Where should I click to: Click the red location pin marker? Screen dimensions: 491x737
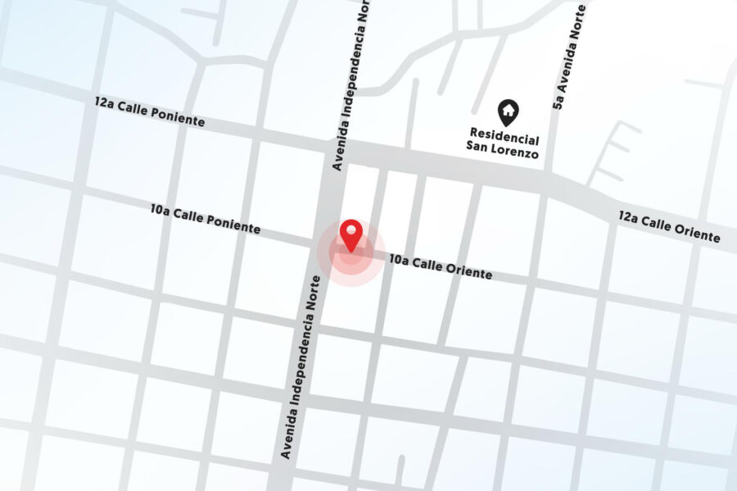click(x=351, y=234)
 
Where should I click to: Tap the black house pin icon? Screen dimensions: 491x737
click(x=509, y=112)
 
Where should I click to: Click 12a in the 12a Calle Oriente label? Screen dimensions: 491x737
click(x=628, y=216)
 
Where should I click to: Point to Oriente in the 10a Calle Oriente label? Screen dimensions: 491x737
click(x=468, y=271)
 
